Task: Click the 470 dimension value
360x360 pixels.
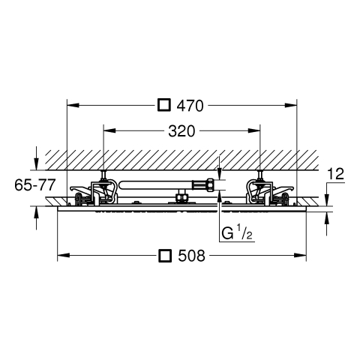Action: click(190, 106)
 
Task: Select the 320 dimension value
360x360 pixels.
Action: click(181, 131)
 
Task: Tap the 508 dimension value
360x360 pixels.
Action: click(191, 256)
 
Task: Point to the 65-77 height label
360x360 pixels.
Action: click(34, 185)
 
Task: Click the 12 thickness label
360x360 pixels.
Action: click(336, 174)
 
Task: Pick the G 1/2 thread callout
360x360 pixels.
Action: click(237, 232)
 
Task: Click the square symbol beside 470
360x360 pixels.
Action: click(164, 105)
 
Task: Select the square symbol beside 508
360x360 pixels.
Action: click(165, 255)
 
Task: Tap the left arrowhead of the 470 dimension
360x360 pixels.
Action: click(73, 106)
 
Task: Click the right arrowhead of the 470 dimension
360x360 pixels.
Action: click(291, 106)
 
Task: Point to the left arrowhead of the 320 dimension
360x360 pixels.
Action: click(109, 130)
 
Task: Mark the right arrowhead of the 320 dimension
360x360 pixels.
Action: click(254, 130)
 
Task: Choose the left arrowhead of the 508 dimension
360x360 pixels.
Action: click(64, 255)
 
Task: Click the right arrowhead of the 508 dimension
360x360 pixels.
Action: click(300, 255)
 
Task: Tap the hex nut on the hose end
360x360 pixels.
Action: click(211, 184)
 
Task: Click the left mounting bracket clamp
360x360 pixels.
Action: click(94, 191)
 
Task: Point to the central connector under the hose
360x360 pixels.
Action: click(182, 196)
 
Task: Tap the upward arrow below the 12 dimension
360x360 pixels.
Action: click(326, 223)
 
